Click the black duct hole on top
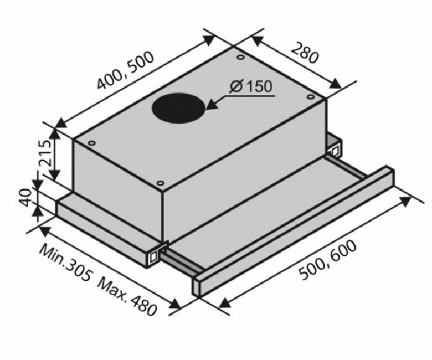pyautogui.click(x=178, y=108)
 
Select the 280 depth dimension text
pyautogui.click(x=304, y=53)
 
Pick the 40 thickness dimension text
pyautogui.click(x=25, y=198)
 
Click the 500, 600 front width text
pyautogui.click(x=327, y=260)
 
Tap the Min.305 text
pyautogui.click(x=65, y=263)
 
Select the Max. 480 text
pyautogui.click(x=127, y=297)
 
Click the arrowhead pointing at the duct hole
pyautogui.click(x=213, y=104)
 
